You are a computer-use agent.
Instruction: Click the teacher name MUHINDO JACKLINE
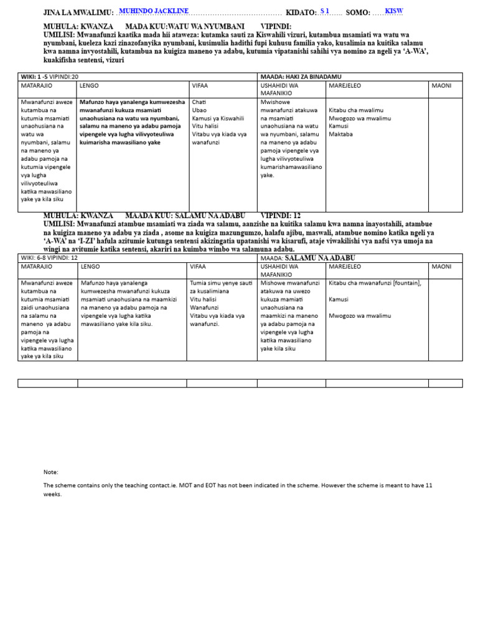click(153, 11)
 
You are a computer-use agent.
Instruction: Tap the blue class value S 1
click(325, 11)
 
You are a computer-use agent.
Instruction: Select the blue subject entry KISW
click(394, 11)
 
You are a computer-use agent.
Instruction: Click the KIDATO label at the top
click(301, 12)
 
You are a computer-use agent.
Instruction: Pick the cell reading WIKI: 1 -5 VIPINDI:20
click(50, 76)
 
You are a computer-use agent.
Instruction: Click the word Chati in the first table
click(199, 102)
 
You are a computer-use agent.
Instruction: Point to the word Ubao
click(200, 110)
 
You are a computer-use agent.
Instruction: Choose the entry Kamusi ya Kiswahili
click(218, 118)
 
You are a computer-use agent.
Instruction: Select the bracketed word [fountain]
click(407, 283)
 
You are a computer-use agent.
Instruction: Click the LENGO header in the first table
click(90, 85)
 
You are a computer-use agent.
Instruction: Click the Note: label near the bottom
click(51, 472)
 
